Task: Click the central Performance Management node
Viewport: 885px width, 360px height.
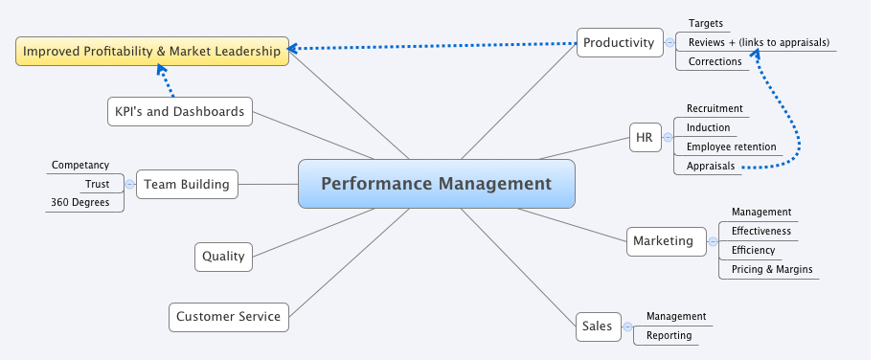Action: [436, 184]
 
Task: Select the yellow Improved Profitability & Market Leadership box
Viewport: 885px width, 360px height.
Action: [151, 52]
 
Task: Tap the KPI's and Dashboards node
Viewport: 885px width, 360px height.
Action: [179, 112]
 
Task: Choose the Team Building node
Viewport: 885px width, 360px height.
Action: [187, 184]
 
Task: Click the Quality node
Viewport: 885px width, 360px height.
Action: [223, 256]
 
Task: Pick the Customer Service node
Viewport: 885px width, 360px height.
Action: [228, 316]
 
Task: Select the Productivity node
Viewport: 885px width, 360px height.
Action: [619, 42]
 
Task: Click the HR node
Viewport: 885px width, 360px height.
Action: [644, 138]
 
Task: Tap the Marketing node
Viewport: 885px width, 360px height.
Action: [663, 240]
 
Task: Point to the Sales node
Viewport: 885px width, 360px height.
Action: [597, 326]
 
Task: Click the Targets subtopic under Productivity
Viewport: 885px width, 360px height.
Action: [706, 23]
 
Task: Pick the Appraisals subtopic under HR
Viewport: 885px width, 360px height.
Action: [711, 166]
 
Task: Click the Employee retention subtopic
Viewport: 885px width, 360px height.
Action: [730, 146]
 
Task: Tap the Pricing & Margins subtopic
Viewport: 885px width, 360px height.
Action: [771, 269]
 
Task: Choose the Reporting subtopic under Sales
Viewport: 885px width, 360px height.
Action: [668, 336]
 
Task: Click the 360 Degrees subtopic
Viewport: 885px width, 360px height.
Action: [86, 202]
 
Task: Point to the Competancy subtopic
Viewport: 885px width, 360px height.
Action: [80, 165]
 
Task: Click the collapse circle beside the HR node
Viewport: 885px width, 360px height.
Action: [668, 138]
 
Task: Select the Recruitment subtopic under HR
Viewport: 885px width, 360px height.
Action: [715, 108]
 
